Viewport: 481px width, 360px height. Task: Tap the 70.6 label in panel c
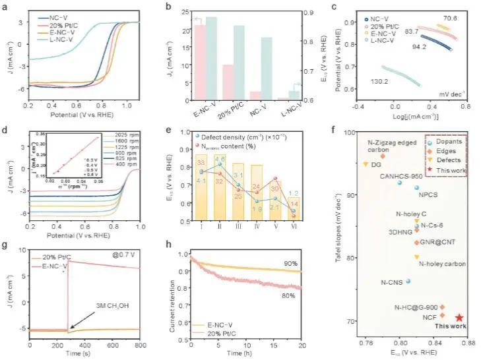pyautogui.click(x=451, y=18)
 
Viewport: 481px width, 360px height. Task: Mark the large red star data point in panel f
pyautogui.click(x=459, y=318)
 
